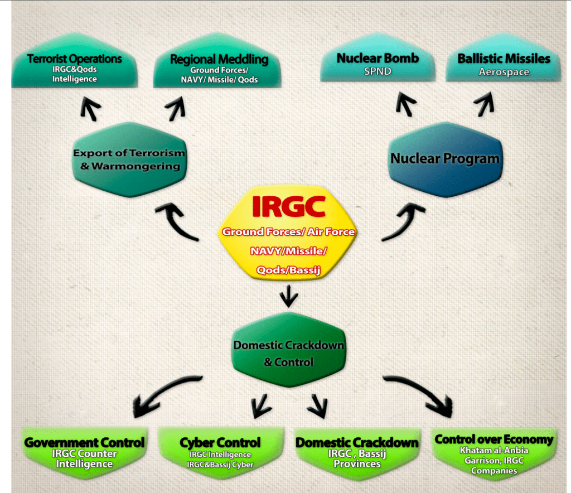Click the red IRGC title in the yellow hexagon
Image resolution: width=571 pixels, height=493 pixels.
click(x=289, y=206)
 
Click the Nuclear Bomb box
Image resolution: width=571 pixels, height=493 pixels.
click(x=378, y=57)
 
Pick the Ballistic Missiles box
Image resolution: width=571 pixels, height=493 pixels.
click(x=504, y=57)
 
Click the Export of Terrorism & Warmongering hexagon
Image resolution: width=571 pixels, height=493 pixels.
click(x=129, y=159)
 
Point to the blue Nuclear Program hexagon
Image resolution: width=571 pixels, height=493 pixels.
click(x=446, y=159)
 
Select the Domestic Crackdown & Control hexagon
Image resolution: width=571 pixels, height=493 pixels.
click(x=289, y=350)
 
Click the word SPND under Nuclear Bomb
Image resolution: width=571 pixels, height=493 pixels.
click(x=378, y=71)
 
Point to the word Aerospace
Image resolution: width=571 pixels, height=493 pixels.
click(x=504, y=72)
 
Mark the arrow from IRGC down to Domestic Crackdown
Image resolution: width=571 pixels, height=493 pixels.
click(x=289, y=296)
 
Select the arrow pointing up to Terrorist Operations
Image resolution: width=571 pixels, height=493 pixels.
click(x=90, y=108)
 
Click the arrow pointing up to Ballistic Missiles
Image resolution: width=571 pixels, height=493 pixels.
click(x=485, y=104)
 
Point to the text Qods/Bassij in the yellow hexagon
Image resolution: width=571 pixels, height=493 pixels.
click(x=288, y=270)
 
